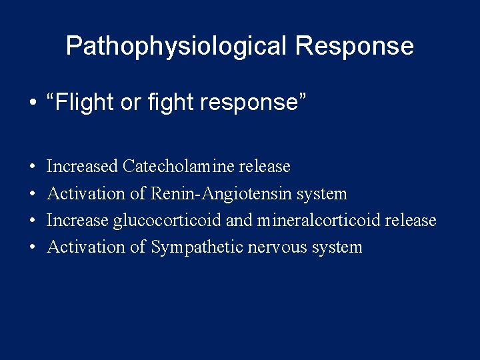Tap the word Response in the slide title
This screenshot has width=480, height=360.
[x=354, y=46]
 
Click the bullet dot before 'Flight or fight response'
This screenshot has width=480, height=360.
[x=33, y=103]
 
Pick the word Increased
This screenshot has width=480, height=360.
[x=83, y=166]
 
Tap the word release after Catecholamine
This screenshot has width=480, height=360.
[x=265, y=166]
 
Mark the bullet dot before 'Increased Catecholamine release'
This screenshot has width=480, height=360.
[x=33, y=167]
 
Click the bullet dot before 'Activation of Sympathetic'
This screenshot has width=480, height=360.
[x=33, y=247]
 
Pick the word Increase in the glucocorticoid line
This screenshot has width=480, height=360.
[x=78, y=220]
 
